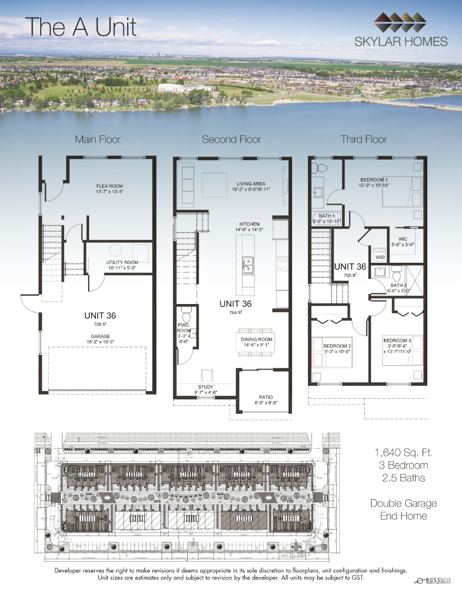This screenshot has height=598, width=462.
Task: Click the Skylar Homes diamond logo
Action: click(x=401, y=23)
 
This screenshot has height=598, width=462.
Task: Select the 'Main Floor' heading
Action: click(x=98, y=139)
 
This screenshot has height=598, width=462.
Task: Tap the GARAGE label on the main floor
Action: click(x=101, y=336)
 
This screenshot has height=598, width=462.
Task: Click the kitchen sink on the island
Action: click(x=247, y=263)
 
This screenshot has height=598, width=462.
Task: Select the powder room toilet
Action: click(x=186, y=317)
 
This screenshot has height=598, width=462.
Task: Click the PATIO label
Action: click(x=266, y=397)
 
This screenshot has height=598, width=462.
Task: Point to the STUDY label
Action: click(x=205, y=387)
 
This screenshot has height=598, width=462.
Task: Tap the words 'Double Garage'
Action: click(x=404, y=503)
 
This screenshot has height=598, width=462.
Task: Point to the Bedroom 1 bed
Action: click(x=401, y=191)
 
